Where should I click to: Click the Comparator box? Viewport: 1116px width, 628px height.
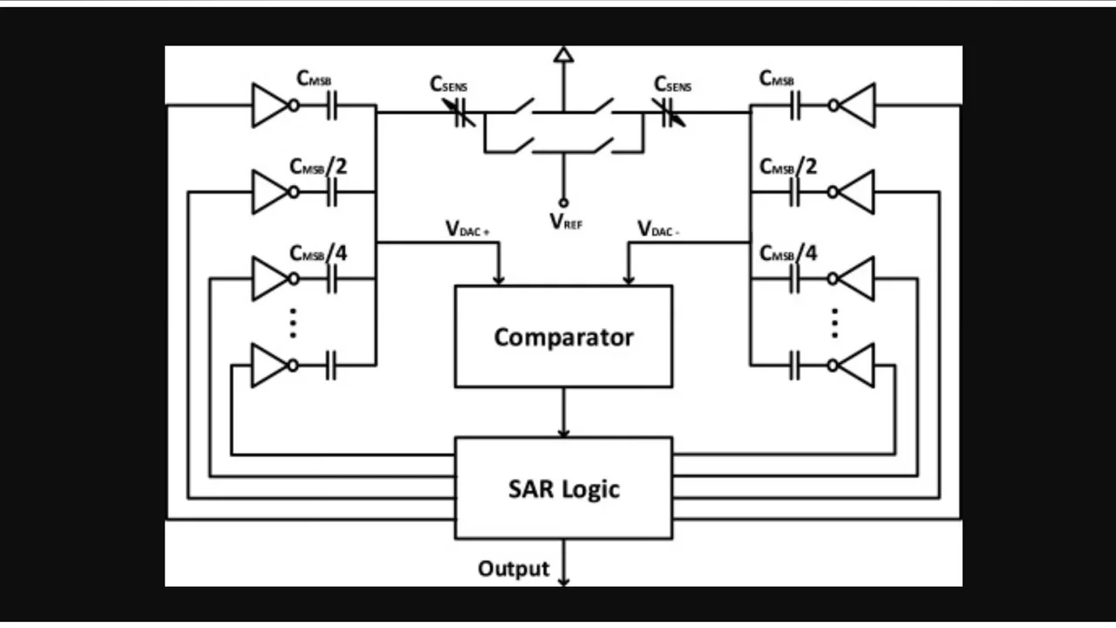point(563,337)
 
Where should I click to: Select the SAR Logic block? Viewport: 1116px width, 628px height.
point(563,488)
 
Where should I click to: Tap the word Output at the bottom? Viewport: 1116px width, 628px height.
point(514,569)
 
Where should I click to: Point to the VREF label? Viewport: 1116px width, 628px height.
point(566,222)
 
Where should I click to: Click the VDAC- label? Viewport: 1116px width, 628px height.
point(659,229)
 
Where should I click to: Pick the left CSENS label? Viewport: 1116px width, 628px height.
point(448,85)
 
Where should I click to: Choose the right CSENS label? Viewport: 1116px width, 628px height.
point(673,85)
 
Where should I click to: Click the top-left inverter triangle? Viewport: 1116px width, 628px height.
point(269,106)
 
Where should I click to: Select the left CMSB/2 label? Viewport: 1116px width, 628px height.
point(318,166)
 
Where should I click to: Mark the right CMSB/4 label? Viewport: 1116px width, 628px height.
point(788,253)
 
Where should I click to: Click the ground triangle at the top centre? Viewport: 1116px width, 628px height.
point(564,56)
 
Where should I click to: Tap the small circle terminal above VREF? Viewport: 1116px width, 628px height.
point(563,202)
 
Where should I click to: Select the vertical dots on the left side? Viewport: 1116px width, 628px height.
point(294,323)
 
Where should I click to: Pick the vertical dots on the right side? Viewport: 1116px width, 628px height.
point(834,323)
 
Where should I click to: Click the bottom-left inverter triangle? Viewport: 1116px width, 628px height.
point(269,365)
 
